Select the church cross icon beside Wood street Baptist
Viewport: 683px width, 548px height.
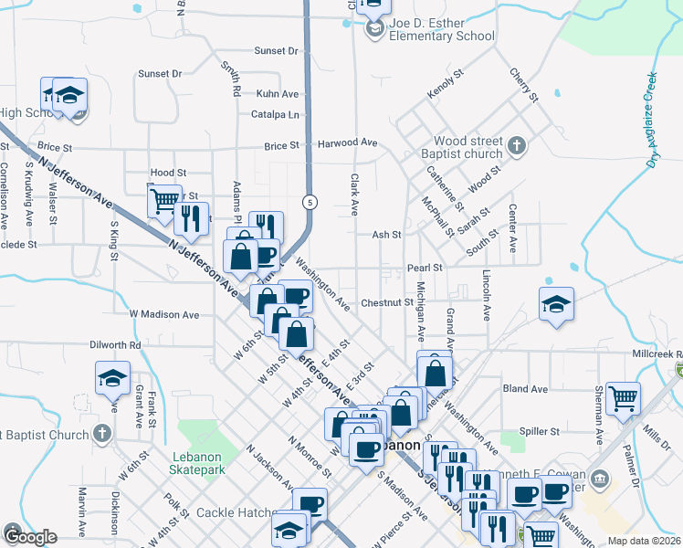(516, 144)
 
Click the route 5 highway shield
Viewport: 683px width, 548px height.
(311, 201)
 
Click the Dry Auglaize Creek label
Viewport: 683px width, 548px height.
(653, 120)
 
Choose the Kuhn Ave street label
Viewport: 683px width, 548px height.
(278, 94)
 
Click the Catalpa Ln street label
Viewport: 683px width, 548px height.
(280, 115)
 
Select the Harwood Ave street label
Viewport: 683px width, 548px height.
(347, 143)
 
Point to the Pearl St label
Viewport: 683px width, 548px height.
(425, 268)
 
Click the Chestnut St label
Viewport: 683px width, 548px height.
(386, 302)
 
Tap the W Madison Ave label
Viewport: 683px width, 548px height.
(164, 314)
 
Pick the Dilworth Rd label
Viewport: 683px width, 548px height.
(115, 345)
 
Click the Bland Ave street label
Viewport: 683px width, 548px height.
(525, 388)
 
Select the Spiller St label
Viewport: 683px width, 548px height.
(539, 430)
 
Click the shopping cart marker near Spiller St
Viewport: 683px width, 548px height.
(623, 397)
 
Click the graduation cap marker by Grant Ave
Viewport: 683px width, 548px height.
(112, 377)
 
